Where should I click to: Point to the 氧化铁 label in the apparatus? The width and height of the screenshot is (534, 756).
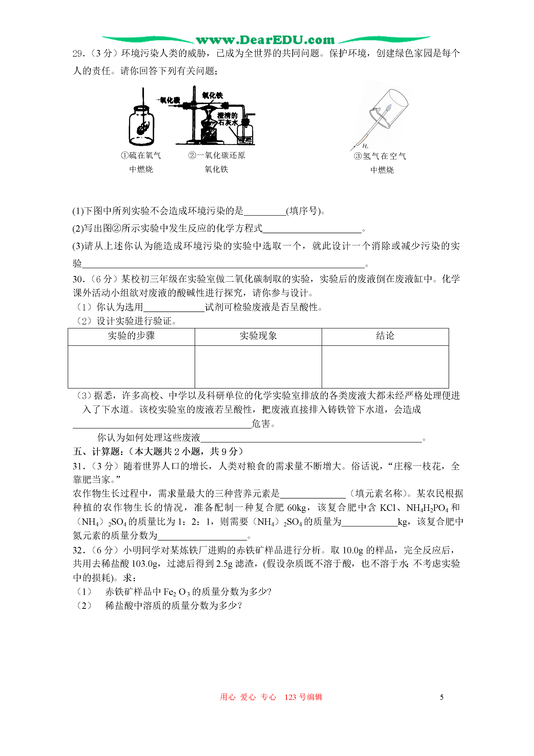213,95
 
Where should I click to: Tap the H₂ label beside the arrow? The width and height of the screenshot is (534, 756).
365,146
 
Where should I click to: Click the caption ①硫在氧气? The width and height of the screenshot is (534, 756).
141,155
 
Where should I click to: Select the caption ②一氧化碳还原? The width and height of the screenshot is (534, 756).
217,155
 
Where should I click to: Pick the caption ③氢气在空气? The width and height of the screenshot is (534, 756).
380,156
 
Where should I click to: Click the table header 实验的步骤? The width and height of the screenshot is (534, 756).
131,336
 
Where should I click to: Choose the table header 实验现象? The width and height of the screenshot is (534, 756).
258,336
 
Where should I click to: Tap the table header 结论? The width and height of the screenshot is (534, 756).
385,336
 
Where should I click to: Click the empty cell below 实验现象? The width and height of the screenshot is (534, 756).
258,366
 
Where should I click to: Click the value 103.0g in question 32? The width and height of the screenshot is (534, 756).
144,564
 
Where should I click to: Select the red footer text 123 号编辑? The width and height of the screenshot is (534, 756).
303,697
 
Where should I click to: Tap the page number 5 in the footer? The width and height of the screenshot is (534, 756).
442,697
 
